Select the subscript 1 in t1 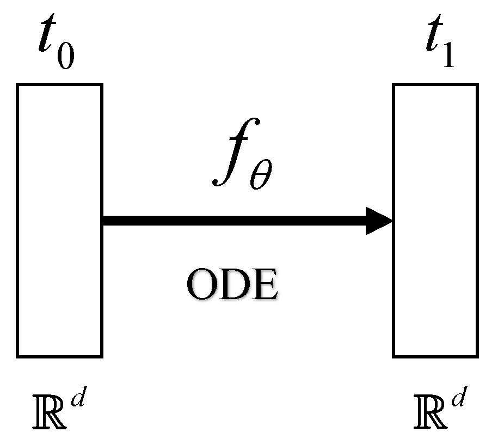448,57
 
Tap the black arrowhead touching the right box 379,221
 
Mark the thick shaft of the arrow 234,221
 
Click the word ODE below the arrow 232,285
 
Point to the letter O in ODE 201,285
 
